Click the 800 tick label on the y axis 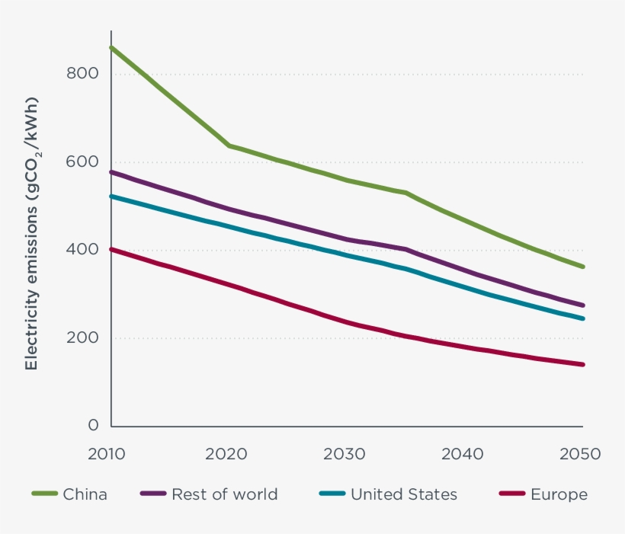(x=84, y=74)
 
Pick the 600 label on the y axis (x=84, y=162)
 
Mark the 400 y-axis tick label (x=84, y=250)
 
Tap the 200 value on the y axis (x=84, y=338)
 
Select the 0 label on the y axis (x=93, y=426)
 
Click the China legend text (x=85, y=494)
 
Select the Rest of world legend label (x=224, y=494)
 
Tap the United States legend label (x=404, y=494)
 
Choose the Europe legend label (x=559, y=494)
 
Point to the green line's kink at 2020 (x=229, y=145)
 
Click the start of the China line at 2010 (x=111, y=47)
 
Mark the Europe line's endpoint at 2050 (x=583, y=364)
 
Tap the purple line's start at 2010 (x=111, y=172)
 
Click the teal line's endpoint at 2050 (x=583, y=318)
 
